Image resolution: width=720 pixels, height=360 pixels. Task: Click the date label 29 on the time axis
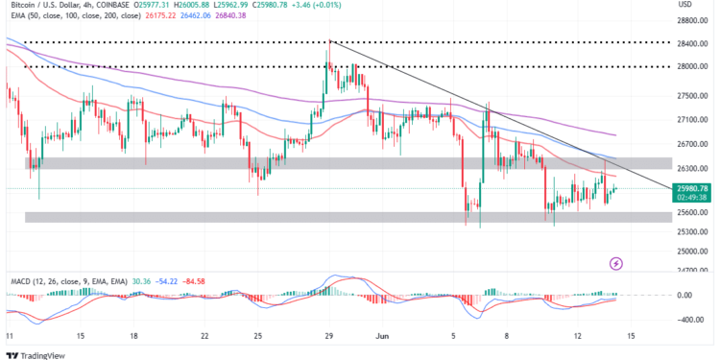pyautogui.click(x=328, y=336)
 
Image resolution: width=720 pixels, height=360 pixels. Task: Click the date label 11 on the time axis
pyautogui.click(x=10, y=336)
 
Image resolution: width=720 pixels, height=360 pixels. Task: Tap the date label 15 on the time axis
pyautogui.click(x=81, y=336)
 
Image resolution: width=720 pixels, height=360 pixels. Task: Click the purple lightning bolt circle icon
pyautogui.click(x=616, y=263)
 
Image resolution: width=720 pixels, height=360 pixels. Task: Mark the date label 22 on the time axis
pyautogui.click(x=205, y=336)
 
